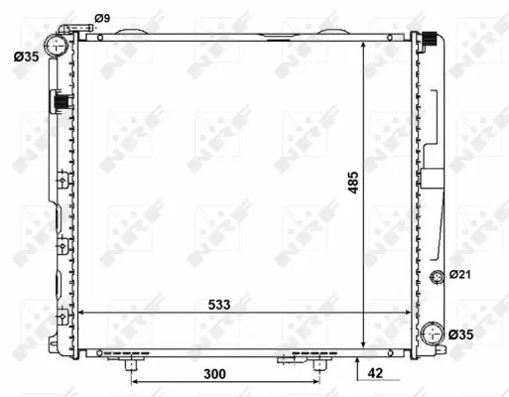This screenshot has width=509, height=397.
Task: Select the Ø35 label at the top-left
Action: click(28, 57)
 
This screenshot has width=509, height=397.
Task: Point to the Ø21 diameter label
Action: click(462, 275)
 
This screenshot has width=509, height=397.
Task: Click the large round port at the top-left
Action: click(60, 46)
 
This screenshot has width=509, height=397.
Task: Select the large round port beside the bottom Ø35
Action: click(433, 334)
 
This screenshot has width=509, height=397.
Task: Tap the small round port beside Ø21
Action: click(438, 276)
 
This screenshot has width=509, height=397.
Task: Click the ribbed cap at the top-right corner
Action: click(431, 40)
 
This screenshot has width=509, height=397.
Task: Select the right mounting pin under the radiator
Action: click(319, 365)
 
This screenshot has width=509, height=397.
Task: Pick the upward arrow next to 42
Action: click(357, 361)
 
